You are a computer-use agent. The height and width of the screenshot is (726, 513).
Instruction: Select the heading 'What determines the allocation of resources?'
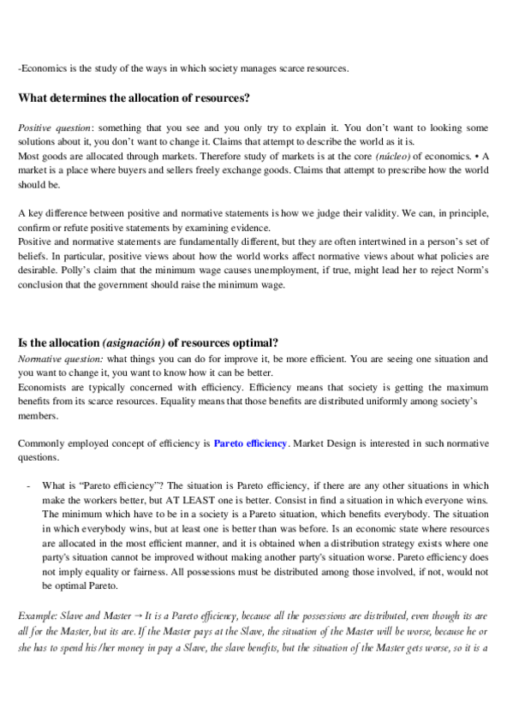tap(134, 98)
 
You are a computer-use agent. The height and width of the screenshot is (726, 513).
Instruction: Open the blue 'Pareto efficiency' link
tap(251, 443)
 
